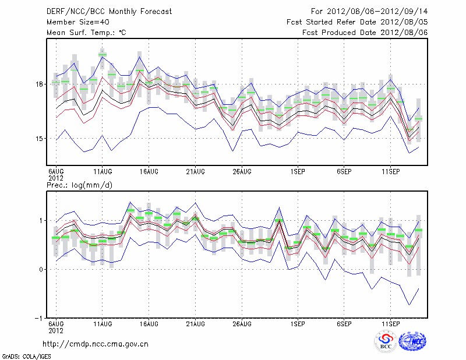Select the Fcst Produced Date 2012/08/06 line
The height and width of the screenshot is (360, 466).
(x=365, y=33)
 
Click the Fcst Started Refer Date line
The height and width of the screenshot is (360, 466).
(x=357, y=22)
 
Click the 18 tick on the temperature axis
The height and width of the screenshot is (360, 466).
(x=40, y=84)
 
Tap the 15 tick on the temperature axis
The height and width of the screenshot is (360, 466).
(x=40, y=139)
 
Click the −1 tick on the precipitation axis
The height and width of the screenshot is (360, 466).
(x=38, y=319)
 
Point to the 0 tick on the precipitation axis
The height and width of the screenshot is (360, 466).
(x=41, y=270)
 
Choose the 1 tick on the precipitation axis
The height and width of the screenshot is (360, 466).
(x=41, y=221)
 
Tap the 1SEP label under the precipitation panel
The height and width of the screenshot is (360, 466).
(x=298, y=323)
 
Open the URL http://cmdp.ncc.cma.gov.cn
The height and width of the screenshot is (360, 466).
(x=96, y=344)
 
